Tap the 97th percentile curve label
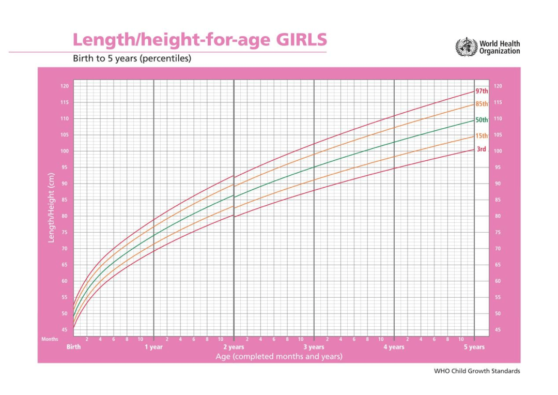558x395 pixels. tap(482, 91)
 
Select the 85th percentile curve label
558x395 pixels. tap(482, 104)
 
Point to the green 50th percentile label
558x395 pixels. tap(482, 120)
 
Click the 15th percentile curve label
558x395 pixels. tap(482, 136)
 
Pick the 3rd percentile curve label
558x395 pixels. tap(481, 149)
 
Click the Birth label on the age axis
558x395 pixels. tap(74, 347)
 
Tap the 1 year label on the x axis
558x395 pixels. tap(153, 347)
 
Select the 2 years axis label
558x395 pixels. tap(234, 347)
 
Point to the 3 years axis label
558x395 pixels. tap(314, 347)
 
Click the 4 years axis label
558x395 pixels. tap(394, 347)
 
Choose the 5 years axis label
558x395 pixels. tap(474, 347)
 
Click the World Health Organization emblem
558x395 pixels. tap(466, 47)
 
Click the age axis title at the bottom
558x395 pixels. tap(278, 357)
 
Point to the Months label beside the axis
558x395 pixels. tap(50, 339)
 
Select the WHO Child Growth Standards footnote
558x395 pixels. tap(477, 371)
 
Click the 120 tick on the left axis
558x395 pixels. tap(64, 86)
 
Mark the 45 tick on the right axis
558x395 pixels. tap(498, 330)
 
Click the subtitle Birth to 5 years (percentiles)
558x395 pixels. tap(132, 58)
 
